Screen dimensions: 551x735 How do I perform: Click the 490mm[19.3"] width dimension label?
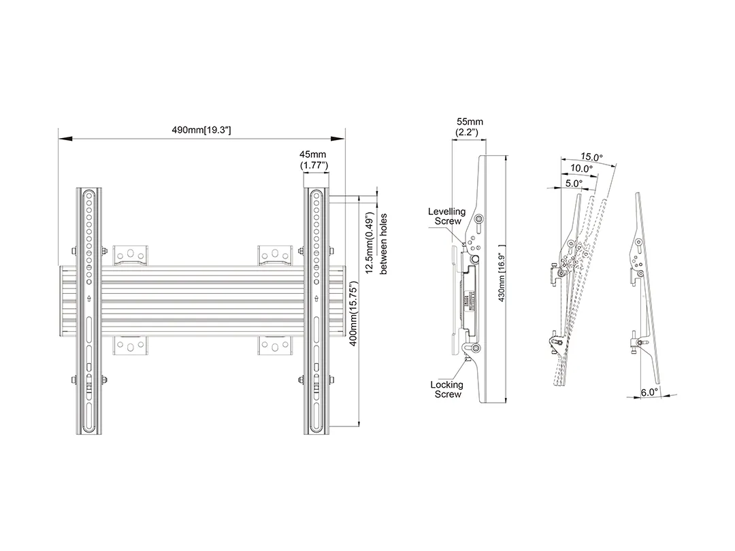pyautogui.click(x=201, y=130)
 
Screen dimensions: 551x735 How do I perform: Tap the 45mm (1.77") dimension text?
pyautogui.click(x=314, y=160)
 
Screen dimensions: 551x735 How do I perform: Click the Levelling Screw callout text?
pyautogui.click(x=446, y=216)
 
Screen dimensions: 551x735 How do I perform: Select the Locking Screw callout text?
pyautogui.click(x=447, y=389)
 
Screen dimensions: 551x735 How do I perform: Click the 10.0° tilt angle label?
pyautogui.click(x=581, y=169)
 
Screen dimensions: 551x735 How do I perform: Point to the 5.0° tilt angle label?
pyautogui.click(x=572, y=183)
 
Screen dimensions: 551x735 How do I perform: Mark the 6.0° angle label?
pyautogui.click(x=651, y=393)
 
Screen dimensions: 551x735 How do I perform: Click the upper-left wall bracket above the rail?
pyautogui.click(x=131, y=254)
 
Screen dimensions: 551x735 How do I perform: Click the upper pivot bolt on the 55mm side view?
pyautogui.click(x=478, y=220)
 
